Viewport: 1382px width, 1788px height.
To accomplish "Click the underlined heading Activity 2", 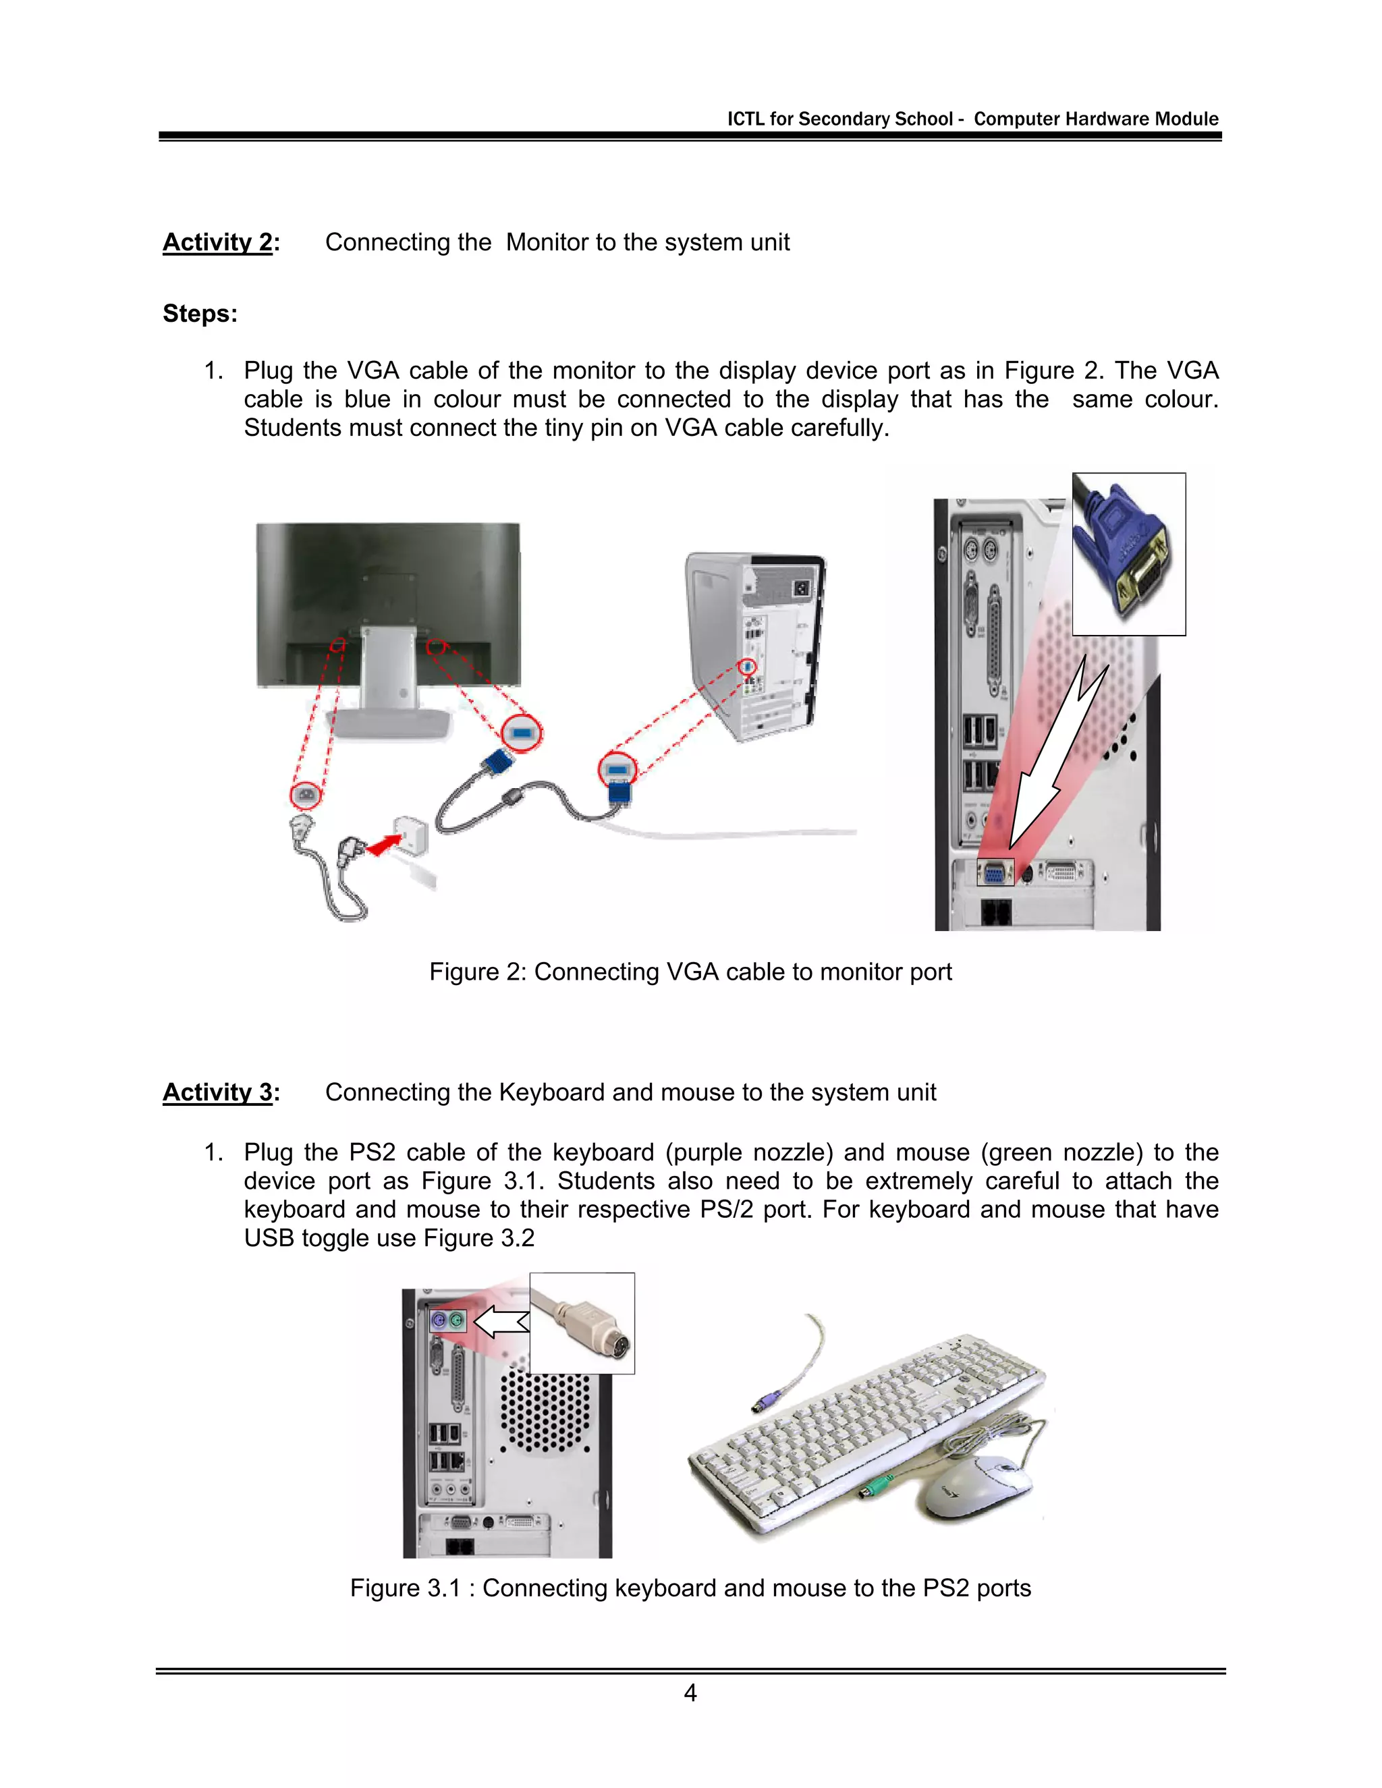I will (x=218, y=242).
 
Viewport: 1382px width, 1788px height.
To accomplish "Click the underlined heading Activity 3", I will (x=218, y=1092).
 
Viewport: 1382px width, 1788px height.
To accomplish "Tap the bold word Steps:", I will (x=200, y=314).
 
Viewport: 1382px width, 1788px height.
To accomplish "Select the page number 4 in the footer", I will (x=690, y=1693).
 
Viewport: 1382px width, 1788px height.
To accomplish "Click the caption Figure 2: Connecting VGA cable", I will (x=690, y=972).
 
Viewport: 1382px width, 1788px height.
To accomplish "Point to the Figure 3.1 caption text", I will (x=690, y=1588).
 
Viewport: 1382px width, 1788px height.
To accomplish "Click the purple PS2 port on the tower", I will (x=439, y=1320).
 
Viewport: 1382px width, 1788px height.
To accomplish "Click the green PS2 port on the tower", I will (x=457, y=1320).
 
